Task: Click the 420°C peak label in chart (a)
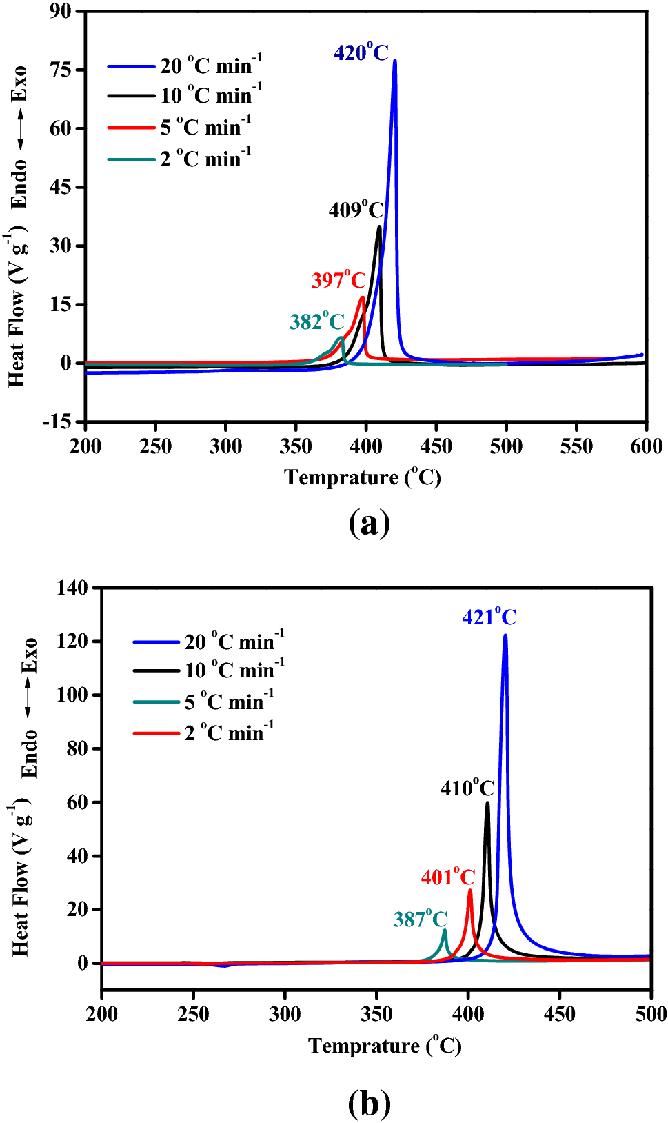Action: (361, 52)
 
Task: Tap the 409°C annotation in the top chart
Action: (356, 210)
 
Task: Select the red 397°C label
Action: (338, 280)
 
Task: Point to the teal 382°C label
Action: (316, 321)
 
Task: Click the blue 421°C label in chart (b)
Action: (489, 617)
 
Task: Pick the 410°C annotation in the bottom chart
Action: (467, 788)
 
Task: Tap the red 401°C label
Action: (448, 877)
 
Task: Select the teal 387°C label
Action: (420, 919)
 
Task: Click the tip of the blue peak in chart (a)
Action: (394, 61)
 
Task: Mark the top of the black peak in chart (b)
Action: (487, 803)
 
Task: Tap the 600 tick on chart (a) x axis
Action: (646, 446)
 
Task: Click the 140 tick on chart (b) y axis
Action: (72, 588)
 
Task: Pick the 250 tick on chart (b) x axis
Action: (193, 1014)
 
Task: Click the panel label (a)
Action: (370, 523)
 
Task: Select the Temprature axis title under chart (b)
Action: (385, 1046)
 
